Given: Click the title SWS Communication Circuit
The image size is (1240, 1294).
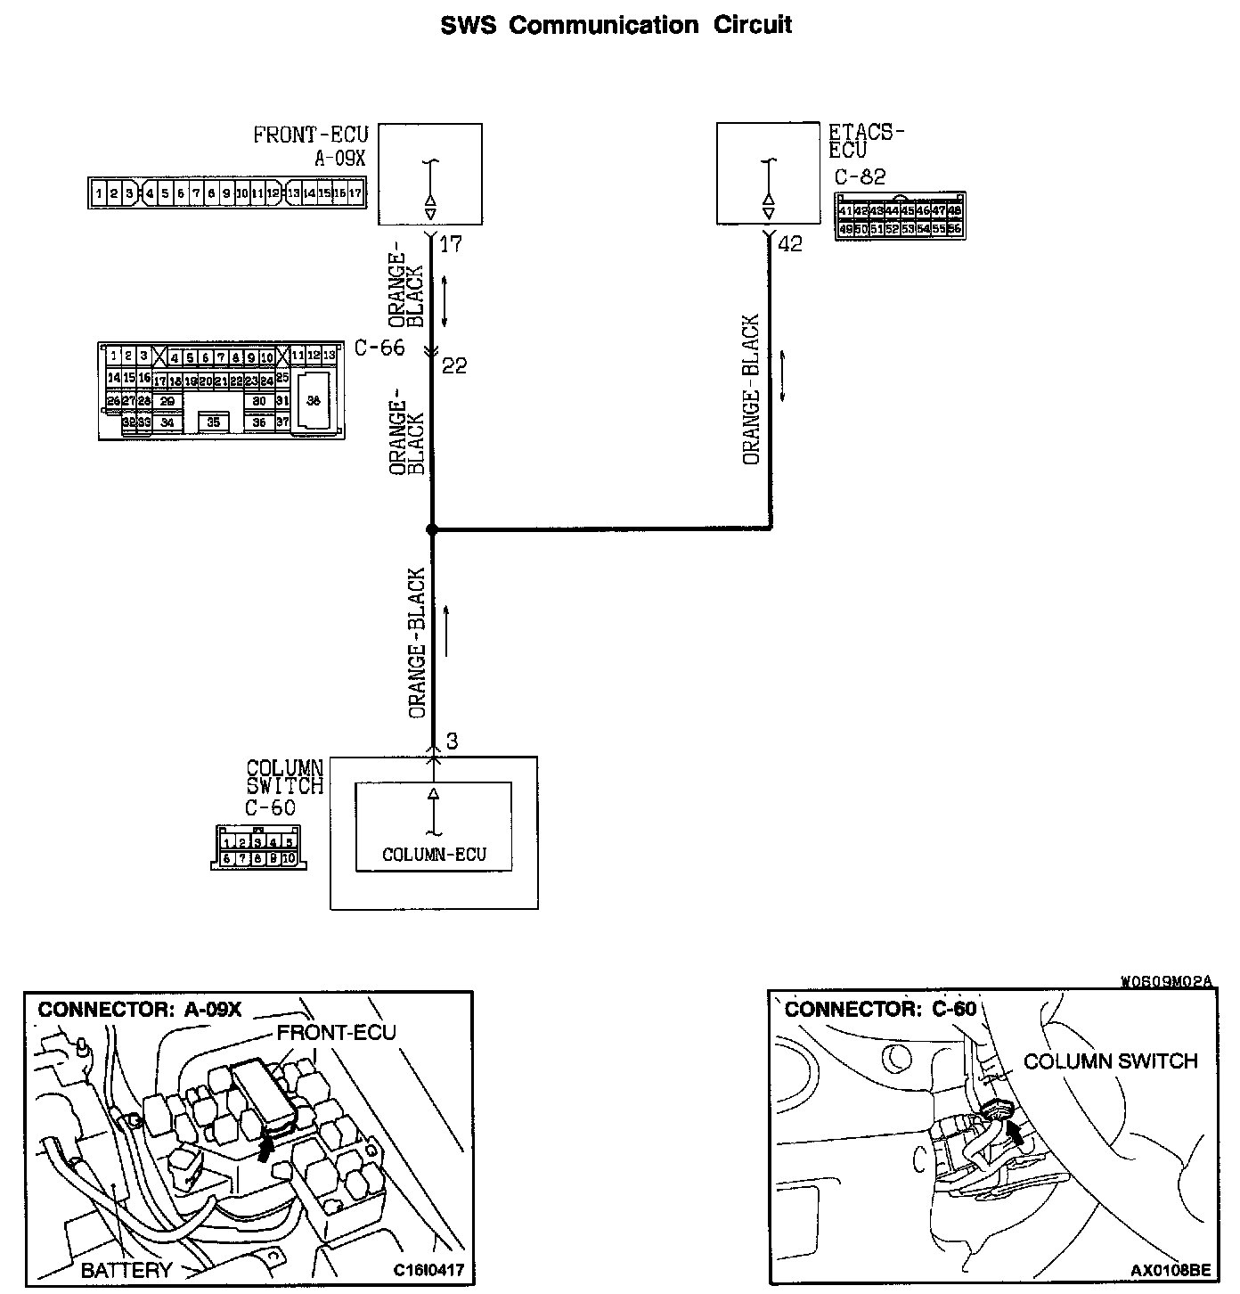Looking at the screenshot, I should click(616, 25).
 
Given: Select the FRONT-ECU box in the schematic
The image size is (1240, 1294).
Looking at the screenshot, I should click(430, 175).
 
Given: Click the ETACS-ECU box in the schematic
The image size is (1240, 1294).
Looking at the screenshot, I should click(768, 175).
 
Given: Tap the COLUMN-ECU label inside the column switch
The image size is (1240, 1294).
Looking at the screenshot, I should click(434, 855).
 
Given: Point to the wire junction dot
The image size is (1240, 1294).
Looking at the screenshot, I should click(432, 529).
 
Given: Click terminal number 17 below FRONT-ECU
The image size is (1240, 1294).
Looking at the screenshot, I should click(452, 244).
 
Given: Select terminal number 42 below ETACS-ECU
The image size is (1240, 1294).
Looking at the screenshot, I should click(790, 244).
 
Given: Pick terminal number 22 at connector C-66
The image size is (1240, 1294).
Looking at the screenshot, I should click(453, 365).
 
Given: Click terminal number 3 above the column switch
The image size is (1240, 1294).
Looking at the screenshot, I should click(452, 741).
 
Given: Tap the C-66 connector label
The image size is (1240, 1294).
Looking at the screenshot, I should click(379, 348).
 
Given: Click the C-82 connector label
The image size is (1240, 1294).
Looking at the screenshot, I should click(860, 176).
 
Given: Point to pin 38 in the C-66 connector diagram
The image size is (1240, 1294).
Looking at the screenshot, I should click(313, 401).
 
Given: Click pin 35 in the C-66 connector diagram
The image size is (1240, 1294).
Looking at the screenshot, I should click(213, 422).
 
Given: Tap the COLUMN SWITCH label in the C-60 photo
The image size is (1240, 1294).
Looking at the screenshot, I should click(1110, 1061).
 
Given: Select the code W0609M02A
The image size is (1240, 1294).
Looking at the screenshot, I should click(1167, 982).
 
